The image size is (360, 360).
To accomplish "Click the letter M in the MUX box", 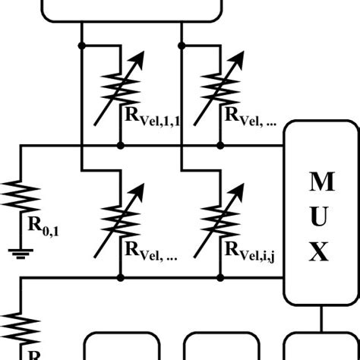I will pos(321,182).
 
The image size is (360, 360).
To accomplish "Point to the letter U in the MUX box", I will pos(321,216).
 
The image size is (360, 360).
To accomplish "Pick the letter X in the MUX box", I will pos(321,251).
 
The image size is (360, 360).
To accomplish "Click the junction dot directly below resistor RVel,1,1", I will pos(120,144).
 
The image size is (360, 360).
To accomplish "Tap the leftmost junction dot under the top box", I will pos(81,46).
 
